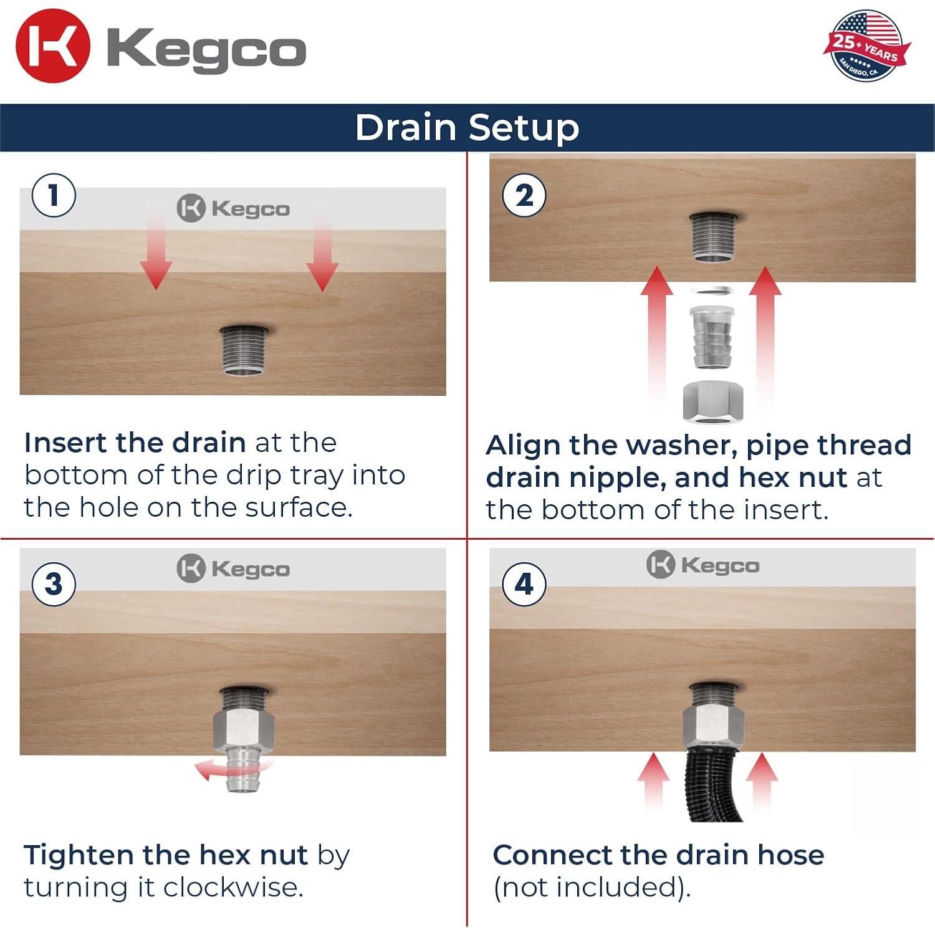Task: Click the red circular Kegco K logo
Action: point(53,46)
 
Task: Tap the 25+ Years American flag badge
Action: point(866,46)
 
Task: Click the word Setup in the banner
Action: point(524,128)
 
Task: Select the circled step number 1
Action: point(54,195)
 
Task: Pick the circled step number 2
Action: point(524,195)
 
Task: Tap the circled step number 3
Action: point(54,584)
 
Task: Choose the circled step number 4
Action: point(524,584)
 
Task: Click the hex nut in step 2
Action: point(713,401)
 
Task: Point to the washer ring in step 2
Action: point(712,291)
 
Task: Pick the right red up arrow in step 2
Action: point(765,337)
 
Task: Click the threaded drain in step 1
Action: point(244,350)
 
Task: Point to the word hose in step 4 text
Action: point(790,855)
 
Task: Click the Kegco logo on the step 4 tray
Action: point(702,565)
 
